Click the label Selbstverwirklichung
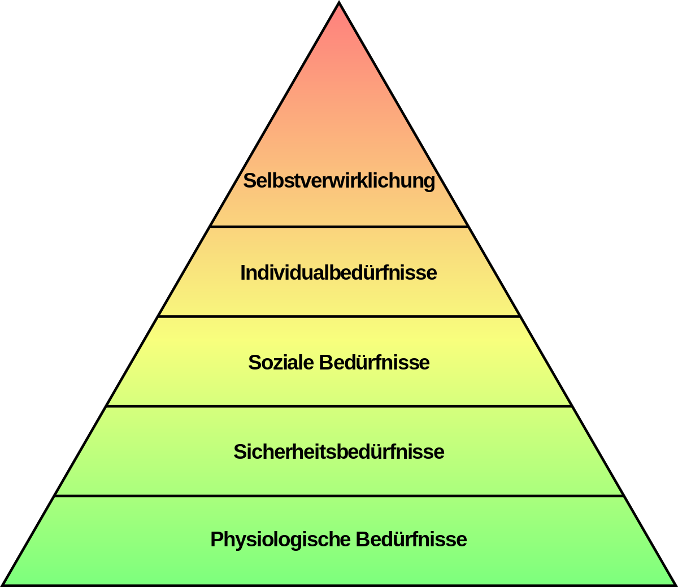339,181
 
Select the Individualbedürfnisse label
338,272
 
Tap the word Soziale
281,362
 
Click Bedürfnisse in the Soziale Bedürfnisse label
374,362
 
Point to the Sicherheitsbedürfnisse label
339,451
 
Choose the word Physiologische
280,540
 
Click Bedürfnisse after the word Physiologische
411,539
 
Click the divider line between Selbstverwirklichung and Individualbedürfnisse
339,227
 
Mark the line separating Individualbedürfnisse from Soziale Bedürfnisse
339,316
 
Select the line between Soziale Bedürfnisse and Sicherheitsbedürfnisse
339,406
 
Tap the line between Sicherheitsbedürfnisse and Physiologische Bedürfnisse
339,495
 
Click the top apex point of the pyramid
339,2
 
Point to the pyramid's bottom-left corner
2,585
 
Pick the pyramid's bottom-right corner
676,585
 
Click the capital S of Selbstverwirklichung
249,181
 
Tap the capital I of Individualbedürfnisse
243,272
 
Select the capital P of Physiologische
217,539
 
